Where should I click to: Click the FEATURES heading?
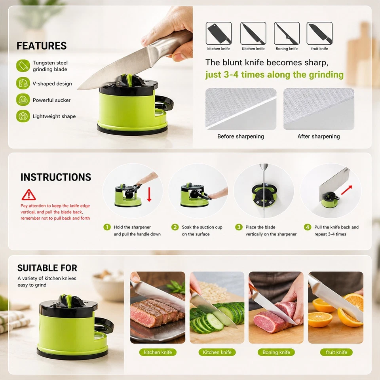pos(42,46)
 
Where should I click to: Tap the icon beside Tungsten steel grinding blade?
pos(23,66)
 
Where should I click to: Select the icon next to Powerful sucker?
pos(23,99)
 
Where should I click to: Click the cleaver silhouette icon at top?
pos(218,33)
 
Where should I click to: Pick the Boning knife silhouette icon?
pos(287,33)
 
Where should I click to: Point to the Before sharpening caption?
pos(240,137)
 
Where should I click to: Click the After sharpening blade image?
pos(319,109)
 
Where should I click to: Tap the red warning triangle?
pos(28,195)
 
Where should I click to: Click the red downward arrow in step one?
pos(149,194)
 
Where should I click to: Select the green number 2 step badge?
pos(175,227)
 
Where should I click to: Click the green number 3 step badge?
pos(239,227)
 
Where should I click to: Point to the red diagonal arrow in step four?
pos(347,190)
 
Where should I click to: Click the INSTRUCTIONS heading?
pos(56,177)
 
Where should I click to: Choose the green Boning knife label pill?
pos(276,352)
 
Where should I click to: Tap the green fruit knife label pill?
pos(336,352)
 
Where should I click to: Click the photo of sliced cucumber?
pos(217,307)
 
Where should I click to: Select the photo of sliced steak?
pos(158,307)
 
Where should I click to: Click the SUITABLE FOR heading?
pos(47,268)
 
